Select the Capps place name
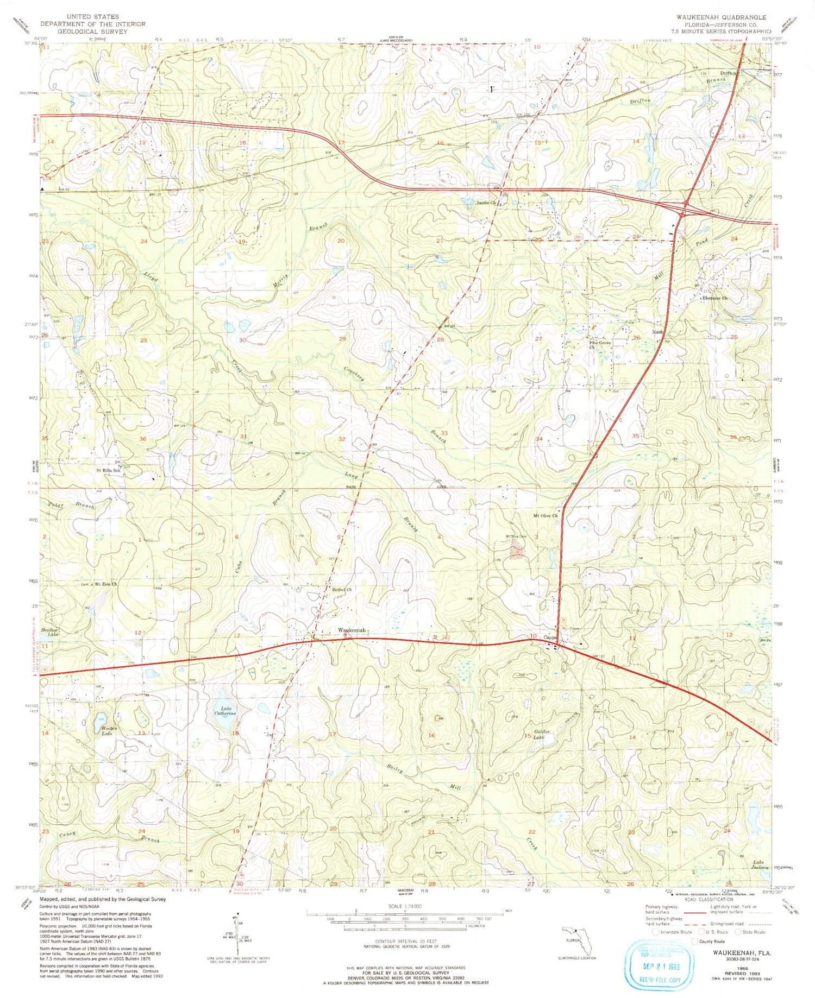tap(550, 637)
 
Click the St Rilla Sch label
tap(108, 470)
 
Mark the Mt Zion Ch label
tap(106, 584)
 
